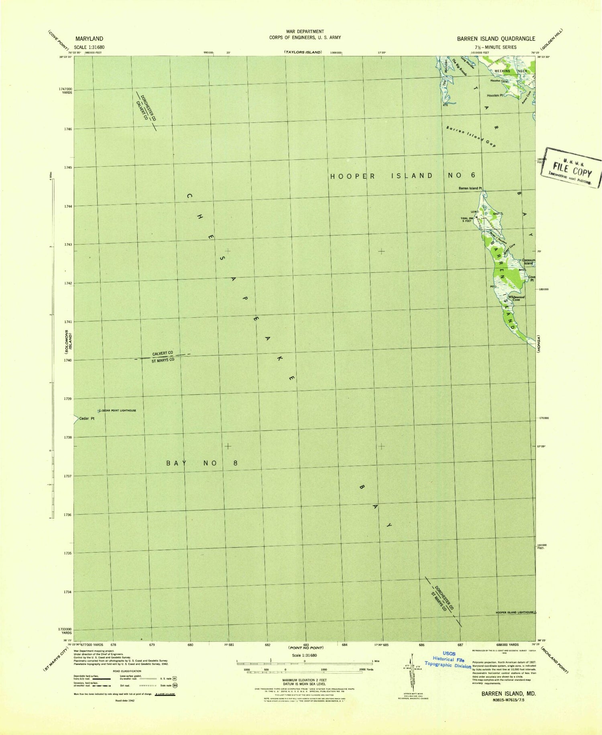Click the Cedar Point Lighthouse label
(x=118, y=410)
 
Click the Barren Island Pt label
(x=470, y=188)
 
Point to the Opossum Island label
(x=528, y=262)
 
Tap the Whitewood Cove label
(x=517, y=298)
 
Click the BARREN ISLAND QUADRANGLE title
(x=496, y=39)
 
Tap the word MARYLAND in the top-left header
(x=89, y=39)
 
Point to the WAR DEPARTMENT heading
(x=305, y=31)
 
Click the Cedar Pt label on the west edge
(x=87, y=418)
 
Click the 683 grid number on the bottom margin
(x=306, y=645)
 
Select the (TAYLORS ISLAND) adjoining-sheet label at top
(x=303, y=52)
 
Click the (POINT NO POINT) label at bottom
(x=306, y=648)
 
